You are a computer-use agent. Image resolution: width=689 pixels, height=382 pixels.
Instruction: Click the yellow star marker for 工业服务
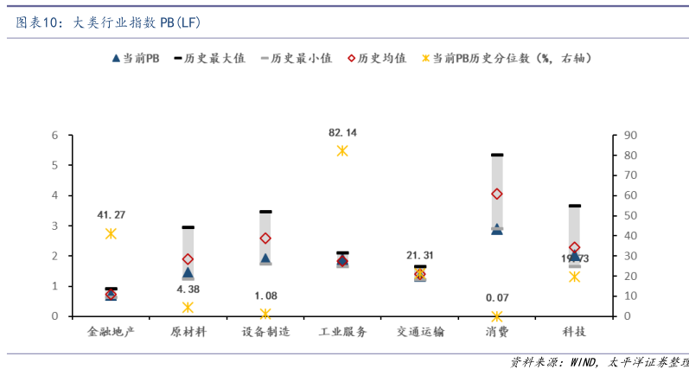pos(342,150)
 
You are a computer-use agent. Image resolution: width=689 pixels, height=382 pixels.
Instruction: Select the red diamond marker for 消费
pos(497,194)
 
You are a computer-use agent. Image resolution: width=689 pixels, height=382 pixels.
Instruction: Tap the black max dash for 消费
pos(497,155)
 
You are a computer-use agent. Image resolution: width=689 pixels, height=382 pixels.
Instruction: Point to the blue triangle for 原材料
pos(188,272)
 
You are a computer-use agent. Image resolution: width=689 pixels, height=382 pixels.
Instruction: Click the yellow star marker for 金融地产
pos(111,233)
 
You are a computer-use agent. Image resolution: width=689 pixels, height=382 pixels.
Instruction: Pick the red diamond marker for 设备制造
pos(265,238)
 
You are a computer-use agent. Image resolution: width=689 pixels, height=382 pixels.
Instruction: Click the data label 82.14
pos(342,132)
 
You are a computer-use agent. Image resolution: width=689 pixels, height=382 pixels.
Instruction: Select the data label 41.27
pos(111,214)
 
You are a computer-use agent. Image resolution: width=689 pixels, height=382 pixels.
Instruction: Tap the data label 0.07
pos(497,297)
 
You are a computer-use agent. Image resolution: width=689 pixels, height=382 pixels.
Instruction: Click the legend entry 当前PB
pos(136,59)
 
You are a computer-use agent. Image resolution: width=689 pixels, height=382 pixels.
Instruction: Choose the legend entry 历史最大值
pos(210,59)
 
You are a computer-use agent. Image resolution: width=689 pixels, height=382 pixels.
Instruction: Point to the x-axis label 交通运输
pos(420,332)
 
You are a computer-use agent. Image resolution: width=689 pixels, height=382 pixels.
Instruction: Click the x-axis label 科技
pos(574,332)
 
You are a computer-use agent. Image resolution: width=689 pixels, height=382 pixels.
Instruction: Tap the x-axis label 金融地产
pos(111,332)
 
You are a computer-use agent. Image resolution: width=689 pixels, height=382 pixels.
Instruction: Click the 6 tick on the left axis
pos(54,136)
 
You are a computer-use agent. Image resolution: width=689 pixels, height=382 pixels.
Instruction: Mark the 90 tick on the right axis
pos(630,136)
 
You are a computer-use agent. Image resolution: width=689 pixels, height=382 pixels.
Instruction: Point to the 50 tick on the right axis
pos(630,216)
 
